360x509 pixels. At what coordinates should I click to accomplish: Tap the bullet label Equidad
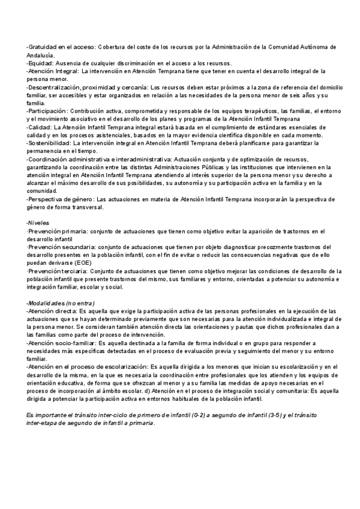point(41,62)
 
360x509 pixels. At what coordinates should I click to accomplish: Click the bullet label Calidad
point(40,127)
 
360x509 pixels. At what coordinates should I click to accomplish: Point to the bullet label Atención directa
point(53,311)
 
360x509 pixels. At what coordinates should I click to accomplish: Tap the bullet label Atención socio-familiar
point(62,343)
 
